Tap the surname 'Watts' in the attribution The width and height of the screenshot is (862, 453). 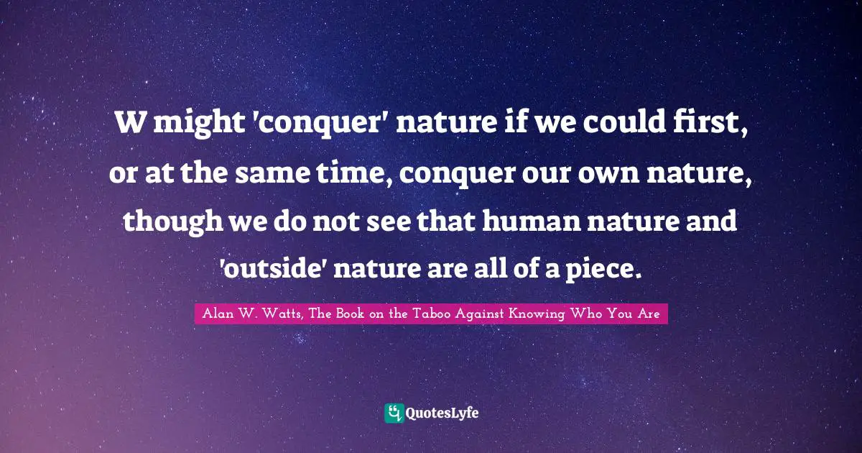tap(277, 313)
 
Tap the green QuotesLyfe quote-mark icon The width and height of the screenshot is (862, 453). tap(394, 413)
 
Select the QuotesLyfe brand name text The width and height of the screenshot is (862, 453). tap(443, 413)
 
